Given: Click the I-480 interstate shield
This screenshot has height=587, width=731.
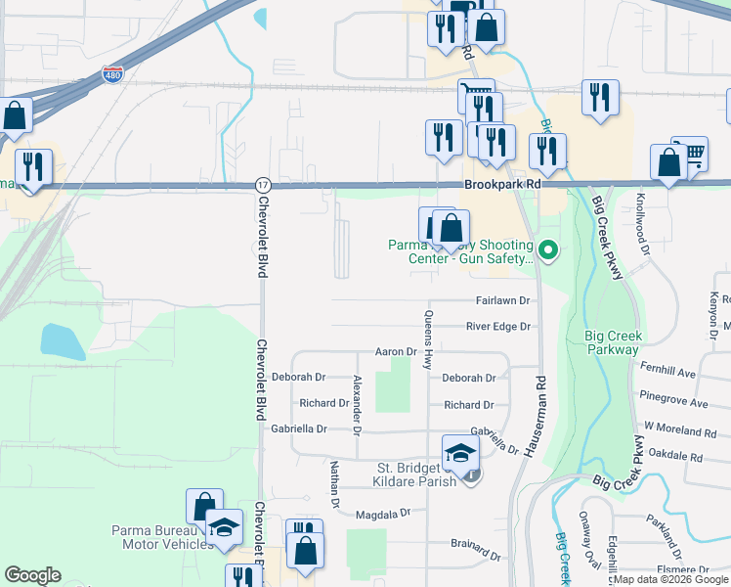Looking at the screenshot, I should (x=113, y=74).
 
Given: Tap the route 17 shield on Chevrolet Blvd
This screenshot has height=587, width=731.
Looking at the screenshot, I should (x=262, y=185).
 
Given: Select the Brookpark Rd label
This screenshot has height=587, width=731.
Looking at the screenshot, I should (x=502, y=184).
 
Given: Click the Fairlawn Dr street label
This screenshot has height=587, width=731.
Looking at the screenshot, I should (x=502, y=300).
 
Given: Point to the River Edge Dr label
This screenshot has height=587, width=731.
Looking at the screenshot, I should (x=497, y=326).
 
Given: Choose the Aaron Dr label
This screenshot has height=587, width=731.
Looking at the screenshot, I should (x=397, y=351).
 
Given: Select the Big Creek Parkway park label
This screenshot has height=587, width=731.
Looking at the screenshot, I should (x=612, y=342).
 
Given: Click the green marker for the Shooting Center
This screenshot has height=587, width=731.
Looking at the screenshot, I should (x=548, y=251).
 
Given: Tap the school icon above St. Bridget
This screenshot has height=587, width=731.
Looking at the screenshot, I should (x=460, y=452).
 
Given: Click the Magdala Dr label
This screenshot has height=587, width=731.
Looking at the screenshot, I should (x=381, y=514).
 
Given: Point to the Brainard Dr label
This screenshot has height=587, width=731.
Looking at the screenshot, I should (x=475, y=542).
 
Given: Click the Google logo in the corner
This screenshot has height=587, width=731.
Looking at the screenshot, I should (x=32, y=575).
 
